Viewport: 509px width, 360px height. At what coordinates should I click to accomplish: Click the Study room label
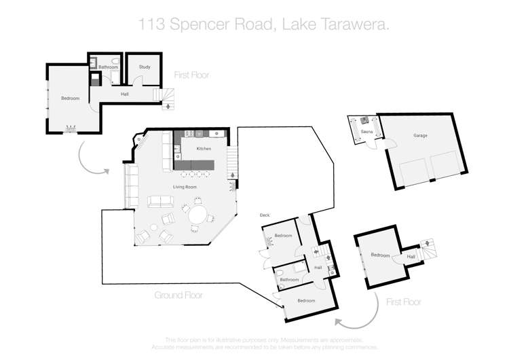(144, 67)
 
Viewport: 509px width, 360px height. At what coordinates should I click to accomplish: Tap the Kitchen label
(204, 148)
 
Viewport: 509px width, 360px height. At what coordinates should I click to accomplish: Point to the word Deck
(265, 215)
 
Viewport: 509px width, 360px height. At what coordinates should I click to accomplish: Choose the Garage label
(420, 135)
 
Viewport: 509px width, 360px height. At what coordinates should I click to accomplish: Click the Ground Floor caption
(178, 295)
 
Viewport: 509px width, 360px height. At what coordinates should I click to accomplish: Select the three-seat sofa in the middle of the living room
(161, 202)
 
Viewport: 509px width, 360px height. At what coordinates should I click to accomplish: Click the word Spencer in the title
(202, 25)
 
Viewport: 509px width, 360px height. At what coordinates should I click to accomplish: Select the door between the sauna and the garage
(373, 145)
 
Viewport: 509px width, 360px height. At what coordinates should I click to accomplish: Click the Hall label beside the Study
(125, 94)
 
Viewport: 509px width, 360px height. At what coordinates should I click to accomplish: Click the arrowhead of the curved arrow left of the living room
(107, 171)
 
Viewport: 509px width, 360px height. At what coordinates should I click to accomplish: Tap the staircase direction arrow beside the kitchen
(233, 176)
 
